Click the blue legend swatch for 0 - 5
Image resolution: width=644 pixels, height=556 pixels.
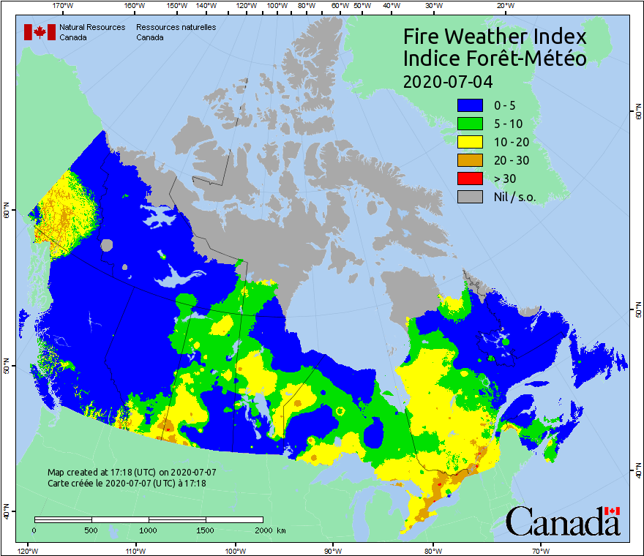(x=469, y=105)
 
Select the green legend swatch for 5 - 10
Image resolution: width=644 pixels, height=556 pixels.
(x=469, y=124)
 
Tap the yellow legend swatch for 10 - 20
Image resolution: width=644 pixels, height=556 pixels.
(x=469, y=142)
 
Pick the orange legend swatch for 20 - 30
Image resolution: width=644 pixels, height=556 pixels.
(x=469, y=160)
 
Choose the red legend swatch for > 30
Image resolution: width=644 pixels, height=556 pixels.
(x=469, y=179)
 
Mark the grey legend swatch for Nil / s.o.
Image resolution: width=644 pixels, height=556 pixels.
(x=469, y=197)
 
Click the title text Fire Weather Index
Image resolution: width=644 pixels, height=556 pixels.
(x=495, y=37)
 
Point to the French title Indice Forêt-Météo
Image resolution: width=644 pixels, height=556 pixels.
(x=495, y=59)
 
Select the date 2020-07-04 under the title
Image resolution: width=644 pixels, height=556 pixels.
(x=447, y=80)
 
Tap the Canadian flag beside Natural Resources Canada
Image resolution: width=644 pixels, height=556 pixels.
(x=40, y=32)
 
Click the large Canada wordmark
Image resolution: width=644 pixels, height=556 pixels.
(x=563, y=522)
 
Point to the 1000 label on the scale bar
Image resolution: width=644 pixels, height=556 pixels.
(x=149, y=530)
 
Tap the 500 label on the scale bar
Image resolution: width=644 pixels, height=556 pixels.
(x=91, y=530)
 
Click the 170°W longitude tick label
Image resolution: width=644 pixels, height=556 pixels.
(x=64, y=6)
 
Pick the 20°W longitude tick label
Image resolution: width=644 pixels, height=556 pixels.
(x=504, y=6)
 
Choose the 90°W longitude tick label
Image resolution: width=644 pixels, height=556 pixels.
(x=333, y=550)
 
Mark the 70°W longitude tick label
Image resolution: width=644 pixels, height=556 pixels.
(x=541, y=550)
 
